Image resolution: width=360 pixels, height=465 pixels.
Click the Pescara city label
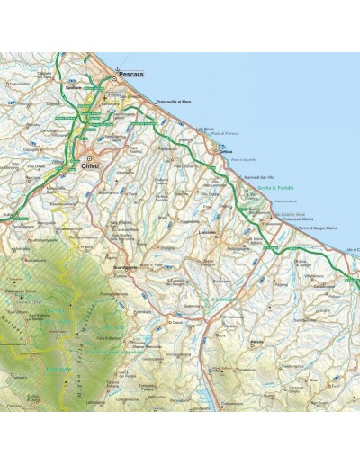[x=132, y=78]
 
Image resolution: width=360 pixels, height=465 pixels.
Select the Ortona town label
[x=227, y=151]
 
